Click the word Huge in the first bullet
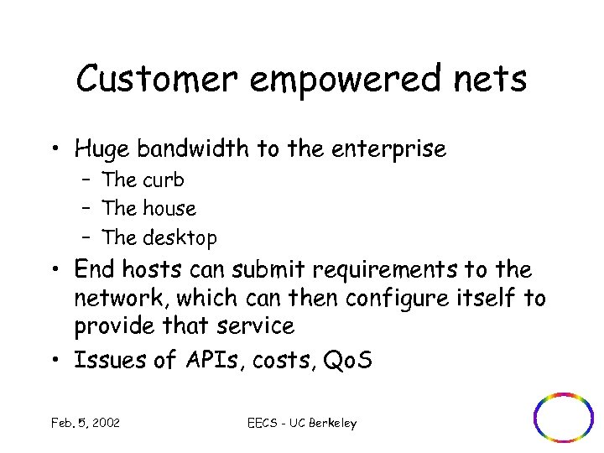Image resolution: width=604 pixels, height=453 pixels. click(x=101, y=149)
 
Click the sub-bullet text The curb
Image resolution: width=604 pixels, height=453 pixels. click(x=143, y=180)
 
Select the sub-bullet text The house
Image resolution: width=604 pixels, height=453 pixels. click(x=148, y=208)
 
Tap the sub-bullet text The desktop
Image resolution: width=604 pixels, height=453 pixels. click(x=159, y=237)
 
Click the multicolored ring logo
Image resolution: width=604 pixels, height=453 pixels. click(x=563, y=416)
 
